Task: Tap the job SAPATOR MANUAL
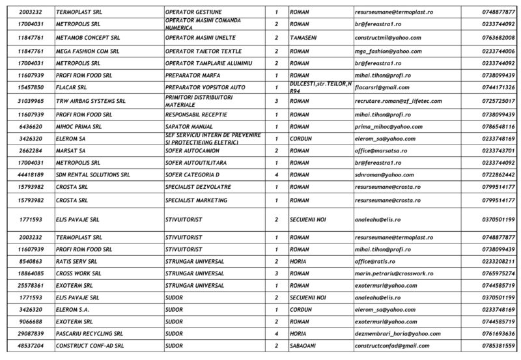pyautogui.click(x=189, y=126)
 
